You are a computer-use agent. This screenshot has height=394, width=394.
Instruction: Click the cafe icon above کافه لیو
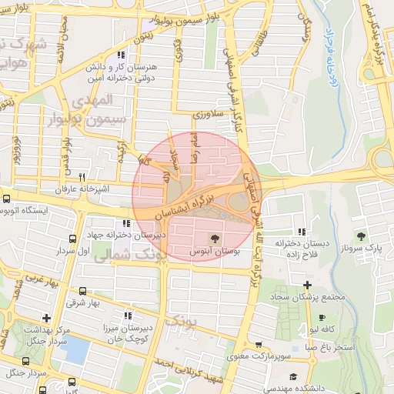[x=321, y=317]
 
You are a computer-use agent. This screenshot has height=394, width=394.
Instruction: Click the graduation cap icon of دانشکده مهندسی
[x=292, y=376]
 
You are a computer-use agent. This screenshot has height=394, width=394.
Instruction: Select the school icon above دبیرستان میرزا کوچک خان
[x=127, y=315]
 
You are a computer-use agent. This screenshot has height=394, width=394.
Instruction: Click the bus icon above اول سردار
[x=72, y=239]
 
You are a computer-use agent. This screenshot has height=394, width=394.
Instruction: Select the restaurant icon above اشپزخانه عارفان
[x=93, y=176]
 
